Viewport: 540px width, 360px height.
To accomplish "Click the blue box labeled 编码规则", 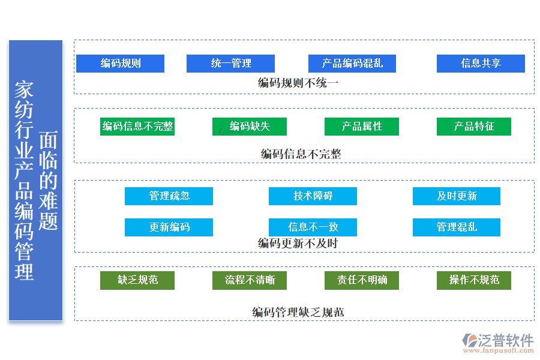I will [x=120, y=64].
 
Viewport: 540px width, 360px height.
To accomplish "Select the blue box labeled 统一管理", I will [x=230, y=64].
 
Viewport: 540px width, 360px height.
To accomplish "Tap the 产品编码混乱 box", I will [x=352, y=64].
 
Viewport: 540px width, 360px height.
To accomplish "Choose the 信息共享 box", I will [x=481, y=64].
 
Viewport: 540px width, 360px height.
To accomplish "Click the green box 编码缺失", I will [x=250, y=127].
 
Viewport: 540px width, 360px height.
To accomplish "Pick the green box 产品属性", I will [x=362, y=127].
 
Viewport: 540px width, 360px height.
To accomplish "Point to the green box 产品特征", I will [x=474, y=127].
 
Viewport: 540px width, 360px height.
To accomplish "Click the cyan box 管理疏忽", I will [x=169, y=196].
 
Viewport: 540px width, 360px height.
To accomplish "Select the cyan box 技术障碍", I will [x=313, y=196].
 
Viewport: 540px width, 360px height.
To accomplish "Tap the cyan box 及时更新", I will [x=457, y=196].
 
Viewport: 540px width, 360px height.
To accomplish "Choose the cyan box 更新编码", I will [x=169, y=227].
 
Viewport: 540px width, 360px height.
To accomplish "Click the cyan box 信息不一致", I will [x=313, y=227].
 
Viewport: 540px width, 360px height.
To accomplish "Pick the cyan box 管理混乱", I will [x=457, y=227].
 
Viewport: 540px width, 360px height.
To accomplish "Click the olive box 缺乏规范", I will [x=137, y=280].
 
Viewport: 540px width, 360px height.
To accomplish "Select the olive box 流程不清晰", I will [x=250, y=280].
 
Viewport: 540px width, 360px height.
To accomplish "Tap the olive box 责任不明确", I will [x=362, y=280].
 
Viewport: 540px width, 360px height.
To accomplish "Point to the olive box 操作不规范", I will [x=474, y=280].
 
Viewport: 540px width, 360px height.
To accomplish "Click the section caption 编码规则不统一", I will [x=298, y=83].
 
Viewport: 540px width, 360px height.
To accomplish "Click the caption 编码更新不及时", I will [x=298, y=244].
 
